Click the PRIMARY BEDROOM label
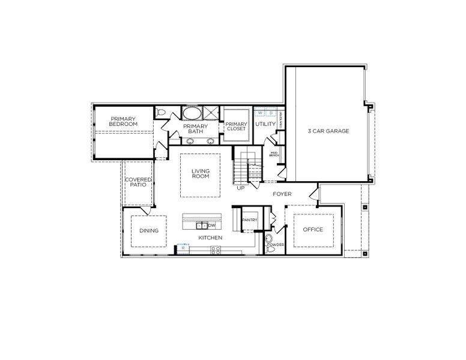(x=123, y=121)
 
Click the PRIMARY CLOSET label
(x=236, y=126)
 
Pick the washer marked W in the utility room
(x=260, y=112)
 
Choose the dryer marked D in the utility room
(x=271, y=112)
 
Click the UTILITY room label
(x=265, y=124)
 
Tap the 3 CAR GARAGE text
(x=328, y=130)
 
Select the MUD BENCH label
(x=274, y=154)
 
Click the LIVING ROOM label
(x=201, y=174)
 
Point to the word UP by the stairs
(x=241, y=188)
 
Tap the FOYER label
(x=282, y=194)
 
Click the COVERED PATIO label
(x=138, y=182)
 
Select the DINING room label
(x=148, y=230)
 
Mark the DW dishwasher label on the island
(x=211, y=226)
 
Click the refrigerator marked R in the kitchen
(x=183, y=248)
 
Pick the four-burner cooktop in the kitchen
(x=214, y=250)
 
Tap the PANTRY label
(x=249, y=220)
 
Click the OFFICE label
(x=313, y=229)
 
